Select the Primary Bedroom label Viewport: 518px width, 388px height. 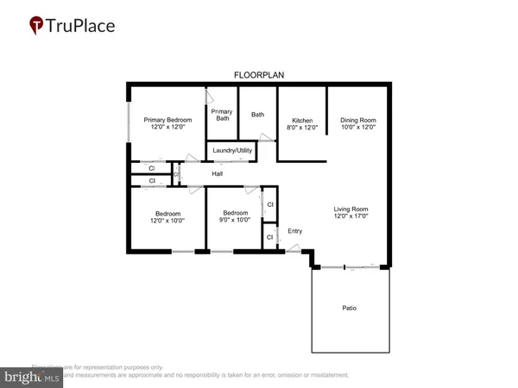pos(167,120)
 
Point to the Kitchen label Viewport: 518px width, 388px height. pos(301,120)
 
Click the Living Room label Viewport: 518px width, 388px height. pos(351,209)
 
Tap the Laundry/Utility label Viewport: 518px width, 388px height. pos(231,153)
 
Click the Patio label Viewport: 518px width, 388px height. pos(349,308)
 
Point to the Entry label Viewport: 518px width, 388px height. pos(295,230)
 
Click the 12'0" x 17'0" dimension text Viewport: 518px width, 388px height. pos(351,216)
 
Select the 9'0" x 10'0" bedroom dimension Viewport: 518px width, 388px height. pos(235,220)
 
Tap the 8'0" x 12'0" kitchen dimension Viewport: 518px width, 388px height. pos(301,128)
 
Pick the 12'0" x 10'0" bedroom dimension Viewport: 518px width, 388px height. pos(167,221)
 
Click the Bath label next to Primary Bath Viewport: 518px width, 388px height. pos(257,115)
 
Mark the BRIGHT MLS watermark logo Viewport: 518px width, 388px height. pos(31,377)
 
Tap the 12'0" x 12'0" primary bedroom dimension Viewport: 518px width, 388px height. pos(167,128)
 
